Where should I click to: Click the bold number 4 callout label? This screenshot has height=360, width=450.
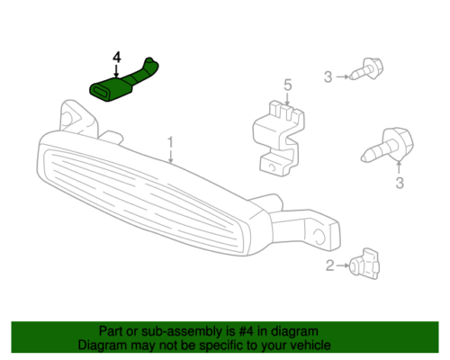[117, 58]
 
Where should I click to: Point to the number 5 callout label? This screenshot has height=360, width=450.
[288, 85]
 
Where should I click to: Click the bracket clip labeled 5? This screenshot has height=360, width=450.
[279, 139]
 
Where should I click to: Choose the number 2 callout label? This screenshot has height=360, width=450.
[330, 265]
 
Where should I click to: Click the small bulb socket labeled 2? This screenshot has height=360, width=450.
[364, 264]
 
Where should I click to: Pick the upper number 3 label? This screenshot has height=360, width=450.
[328, 77]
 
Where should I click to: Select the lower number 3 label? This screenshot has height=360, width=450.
[400, 183]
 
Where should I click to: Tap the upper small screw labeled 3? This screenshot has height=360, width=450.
[366, 69]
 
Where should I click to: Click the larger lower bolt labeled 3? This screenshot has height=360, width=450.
[388, 146]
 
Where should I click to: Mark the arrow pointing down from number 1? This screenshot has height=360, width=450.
[170, 157]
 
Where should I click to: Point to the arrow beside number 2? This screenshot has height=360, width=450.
[343, 265]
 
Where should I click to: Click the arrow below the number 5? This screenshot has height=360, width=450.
[287, 99]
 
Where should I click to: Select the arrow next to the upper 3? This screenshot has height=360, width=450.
[342, 76]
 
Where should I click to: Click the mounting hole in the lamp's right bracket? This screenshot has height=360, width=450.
[319, 236]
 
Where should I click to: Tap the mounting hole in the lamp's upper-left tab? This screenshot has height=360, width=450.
[68, 118]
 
